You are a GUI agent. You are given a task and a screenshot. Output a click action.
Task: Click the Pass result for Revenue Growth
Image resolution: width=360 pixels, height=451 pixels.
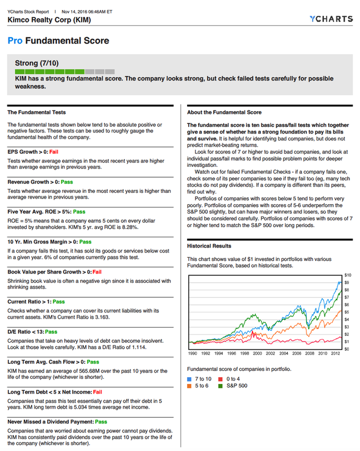point(67,182)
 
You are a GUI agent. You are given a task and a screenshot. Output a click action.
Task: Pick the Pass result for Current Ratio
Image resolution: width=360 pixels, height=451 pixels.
point(59,302)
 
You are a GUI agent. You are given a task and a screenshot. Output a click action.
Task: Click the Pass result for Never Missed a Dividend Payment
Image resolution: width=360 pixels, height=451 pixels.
point(101,421)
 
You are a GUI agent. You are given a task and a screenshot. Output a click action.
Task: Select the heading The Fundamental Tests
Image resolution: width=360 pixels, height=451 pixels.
point(36,112)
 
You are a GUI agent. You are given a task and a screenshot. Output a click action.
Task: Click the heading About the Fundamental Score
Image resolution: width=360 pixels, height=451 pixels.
point(224,112)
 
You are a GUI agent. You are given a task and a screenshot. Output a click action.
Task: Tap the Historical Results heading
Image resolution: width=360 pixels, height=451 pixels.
point(208,246)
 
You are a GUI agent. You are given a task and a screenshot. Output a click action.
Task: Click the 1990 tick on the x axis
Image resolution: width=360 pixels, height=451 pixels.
point(193,353)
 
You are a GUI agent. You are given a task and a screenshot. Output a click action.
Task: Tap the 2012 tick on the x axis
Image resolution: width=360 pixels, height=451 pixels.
point(336,353)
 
